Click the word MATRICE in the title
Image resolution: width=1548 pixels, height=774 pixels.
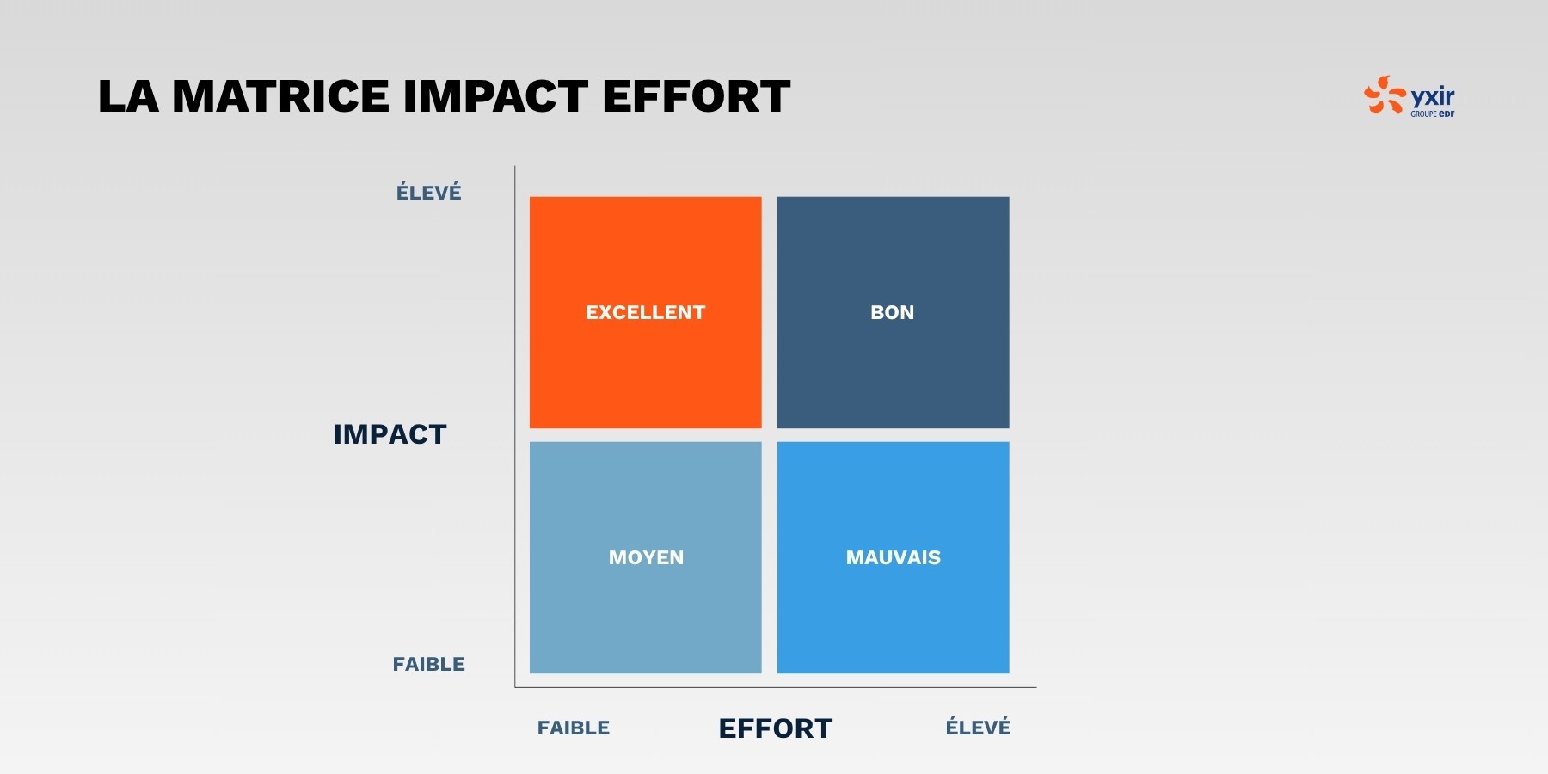click(x=280, y=95)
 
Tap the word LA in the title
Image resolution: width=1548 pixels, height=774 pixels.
click(x=128, y=95)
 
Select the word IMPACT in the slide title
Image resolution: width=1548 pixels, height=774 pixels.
click(x=495, y=95)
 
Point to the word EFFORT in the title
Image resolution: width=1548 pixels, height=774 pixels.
click(x=696, y=95)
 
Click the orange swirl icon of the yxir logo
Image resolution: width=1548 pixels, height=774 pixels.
click(x=1385, y=95)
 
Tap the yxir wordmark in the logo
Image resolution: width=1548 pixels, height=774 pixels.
click(x=1433, y=96)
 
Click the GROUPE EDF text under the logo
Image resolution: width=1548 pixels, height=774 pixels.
click(x=1432, y=114)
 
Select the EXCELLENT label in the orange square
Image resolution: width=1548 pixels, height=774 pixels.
click(x=645, y=312)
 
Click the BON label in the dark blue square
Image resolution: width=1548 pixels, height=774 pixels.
click(x=893, y=312)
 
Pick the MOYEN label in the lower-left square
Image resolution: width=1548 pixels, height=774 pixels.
click(x=646, y=557)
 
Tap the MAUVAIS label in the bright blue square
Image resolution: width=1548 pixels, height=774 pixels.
click(x=894, y=557)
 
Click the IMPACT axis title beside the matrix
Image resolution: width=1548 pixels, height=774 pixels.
click(x=390, y=434)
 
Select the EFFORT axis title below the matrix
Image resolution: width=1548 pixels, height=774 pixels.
click(x=776, y=728)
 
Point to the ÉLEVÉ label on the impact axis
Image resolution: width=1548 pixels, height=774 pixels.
click(x=428, y=192)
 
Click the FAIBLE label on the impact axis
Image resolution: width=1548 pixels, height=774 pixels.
click(x=428, y=664)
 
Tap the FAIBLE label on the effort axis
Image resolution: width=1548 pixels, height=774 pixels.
click(x=574, y=728)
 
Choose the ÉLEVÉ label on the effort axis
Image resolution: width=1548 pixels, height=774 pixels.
click(x=978, y=727)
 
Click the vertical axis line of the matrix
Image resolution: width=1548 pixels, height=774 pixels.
click(x=515, y=427)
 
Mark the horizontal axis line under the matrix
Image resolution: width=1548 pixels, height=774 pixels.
click(x=776, y=687)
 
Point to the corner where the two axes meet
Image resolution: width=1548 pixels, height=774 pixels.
click(x=515, y=687)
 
